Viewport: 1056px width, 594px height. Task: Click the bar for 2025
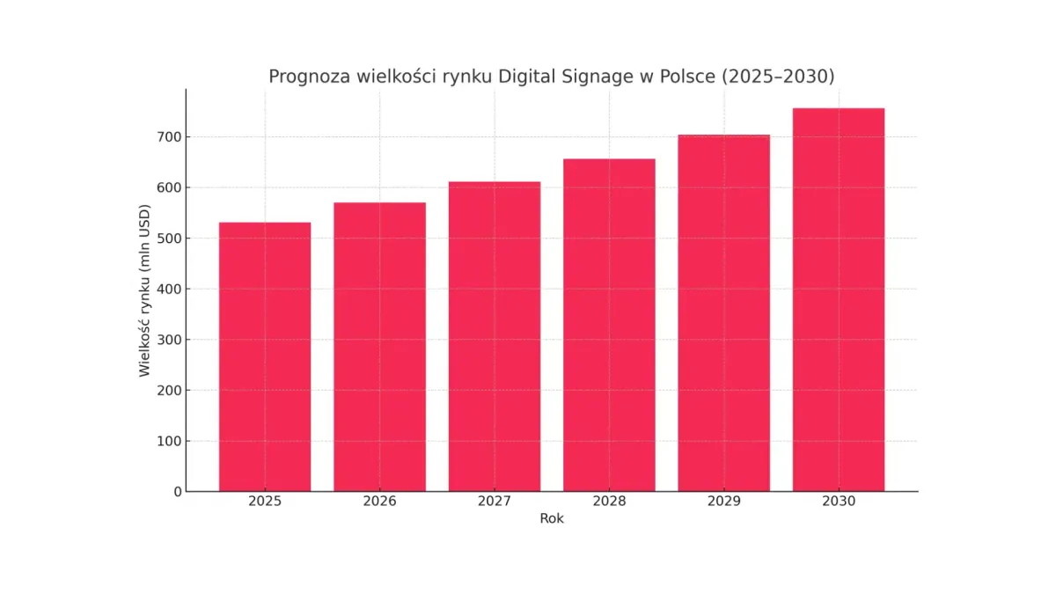click(265, 356)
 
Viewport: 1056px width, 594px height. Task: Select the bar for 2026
click(379, 347)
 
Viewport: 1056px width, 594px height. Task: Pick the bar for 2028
click(609, 325)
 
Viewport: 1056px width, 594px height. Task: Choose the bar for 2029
click(723, 313)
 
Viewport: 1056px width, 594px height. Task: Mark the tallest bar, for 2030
click(838, 299)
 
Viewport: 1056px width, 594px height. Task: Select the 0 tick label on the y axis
click(177, 492)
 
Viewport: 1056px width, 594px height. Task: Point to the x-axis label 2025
click(265, 502)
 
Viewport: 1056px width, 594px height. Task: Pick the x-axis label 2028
click(609, 502)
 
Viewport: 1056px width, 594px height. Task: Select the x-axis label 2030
click(838, 502)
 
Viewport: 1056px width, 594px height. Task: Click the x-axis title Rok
click(552, 519)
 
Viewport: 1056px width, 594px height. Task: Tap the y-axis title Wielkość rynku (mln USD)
click(144, 290)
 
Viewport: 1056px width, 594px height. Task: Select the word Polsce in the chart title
click(686, 77)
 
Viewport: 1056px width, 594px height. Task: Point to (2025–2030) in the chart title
click(778, 77)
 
